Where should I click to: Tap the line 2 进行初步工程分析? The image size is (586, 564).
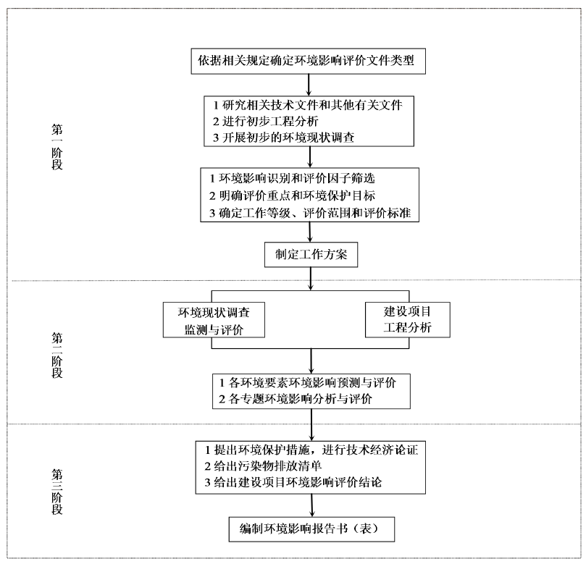267,122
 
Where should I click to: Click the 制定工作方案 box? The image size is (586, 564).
310,256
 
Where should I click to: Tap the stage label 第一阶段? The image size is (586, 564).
56,146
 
